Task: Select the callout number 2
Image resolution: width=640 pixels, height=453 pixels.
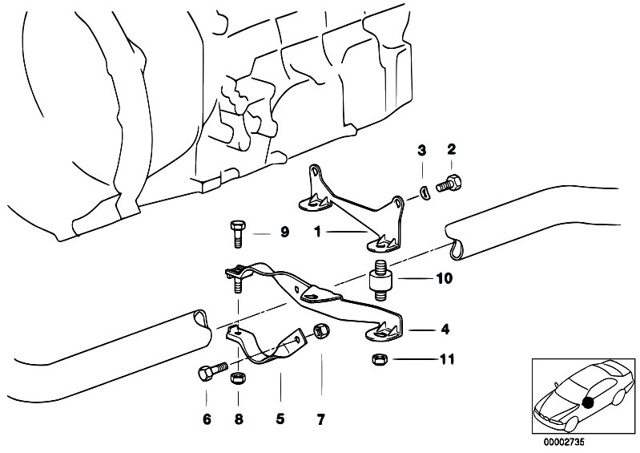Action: click(x=451, y=149)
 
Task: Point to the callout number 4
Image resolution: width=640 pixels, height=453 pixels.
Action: click(x=445, y=328)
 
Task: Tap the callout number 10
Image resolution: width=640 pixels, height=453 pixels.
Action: click(x=445, y=279)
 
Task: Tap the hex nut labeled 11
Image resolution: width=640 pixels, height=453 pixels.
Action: click(x=380, y=359)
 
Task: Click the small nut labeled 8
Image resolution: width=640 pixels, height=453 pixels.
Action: click(x=238, y=377)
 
